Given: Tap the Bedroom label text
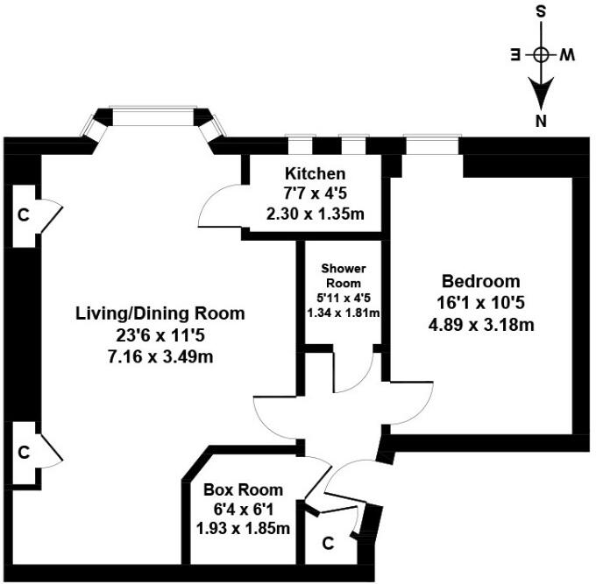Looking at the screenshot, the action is point(480,282).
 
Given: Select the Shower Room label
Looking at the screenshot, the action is point(343,275).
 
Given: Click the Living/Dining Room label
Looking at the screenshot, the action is point(160,313).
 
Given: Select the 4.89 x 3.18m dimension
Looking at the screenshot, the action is point(480,325).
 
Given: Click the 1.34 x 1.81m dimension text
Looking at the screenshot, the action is point(343,313).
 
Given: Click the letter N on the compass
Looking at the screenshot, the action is point(543,120).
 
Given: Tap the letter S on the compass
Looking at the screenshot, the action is point(542,11).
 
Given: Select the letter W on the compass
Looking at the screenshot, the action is point(568,54).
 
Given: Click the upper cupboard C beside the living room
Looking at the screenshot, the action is point(24,215).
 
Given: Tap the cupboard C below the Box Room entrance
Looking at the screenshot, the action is point(328,544).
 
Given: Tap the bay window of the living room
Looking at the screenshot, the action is point(154,122).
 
